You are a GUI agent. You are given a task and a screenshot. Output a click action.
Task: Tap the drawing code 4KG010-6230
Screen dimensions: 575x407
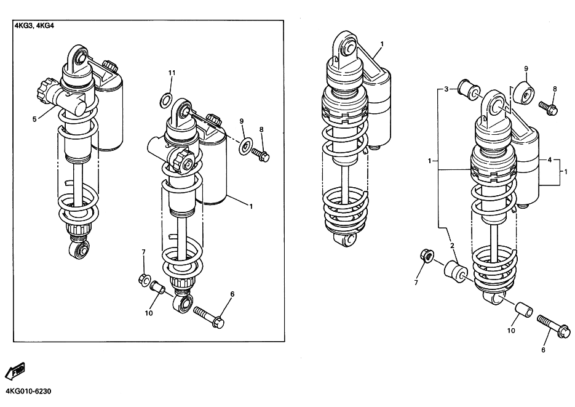pos(28,391)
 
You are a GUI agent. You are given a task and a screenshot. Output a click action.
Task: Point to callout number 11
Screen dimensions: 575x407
pos(172,73)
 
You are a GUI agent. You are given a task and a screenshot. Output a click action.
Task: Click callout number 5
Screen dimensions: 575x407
pos(34,119)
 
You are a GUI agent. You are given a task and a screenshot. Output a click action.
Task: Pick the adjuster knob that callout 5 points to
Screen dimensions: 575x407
pos(46,89)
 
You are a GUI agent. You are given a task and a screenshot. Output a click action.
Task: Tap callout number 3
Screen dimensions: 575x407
pos(446,89)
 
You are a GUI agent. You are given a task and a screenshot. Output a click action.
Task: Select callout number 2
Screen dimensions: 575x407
pos(452,246)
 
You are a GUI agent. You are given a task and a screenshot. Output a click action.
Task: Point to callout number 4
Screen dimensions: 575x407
pos(550,159)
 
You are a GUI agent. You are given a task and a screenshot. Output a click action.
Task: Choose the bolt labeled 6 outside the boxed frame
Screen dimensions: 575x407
pos(553,326)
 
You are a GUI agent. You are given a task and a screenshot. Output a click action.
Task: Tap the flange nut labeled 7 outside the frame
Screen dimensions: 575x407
pos(426,257)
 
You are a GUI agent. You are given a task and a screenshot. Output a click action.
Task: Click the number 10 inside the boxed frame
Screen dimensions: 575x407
pos(149,313)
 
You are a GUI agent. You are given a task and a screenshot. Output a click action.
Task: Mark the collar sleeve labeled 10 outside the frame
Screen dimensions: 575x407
pos(524,310)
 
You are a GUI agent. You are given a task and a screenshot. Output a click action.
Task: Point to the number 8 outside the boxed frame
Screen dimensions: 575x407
pos(555,89)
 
